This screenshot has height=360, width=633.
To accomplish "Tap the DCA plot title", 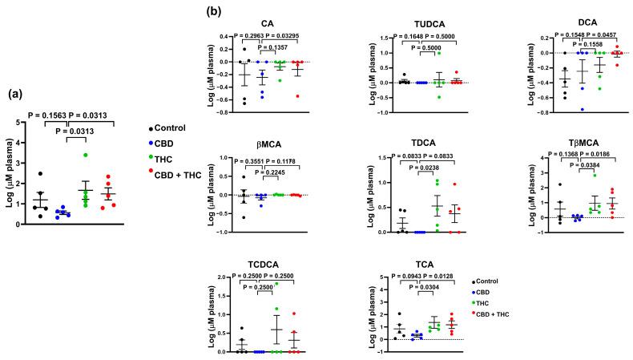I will (590, 25).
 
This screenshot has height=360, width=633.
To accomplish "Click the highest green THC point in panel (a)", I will (84, 155).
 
